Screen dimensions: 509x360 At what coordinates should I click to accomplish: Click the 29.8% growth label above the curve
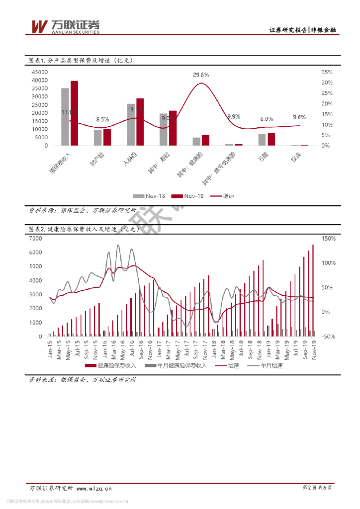(x=201, y=75)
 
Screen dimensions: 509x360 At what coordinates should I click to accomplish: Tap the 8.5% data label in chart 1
(x=102, y=119)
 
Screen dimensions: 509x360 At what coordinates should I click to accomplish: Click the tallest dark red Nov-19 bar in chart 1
(x=74, y=113)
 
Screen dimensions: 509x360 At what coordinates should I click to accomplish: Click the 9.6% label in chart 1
(x=299, y=117)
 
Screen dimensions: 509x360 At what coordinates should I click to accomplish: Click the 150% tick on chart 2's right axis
(x=329, y=239)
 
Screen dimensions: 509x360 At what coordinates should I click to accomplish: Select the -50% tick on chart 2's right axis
(x=329, y=337)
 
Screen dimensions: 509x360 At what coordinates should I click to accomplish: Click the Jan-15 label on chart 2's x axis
(x=50, y=346)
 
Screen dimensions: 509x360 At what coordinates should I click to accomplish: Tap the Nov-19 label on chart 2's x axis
(x=314, y=346)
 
